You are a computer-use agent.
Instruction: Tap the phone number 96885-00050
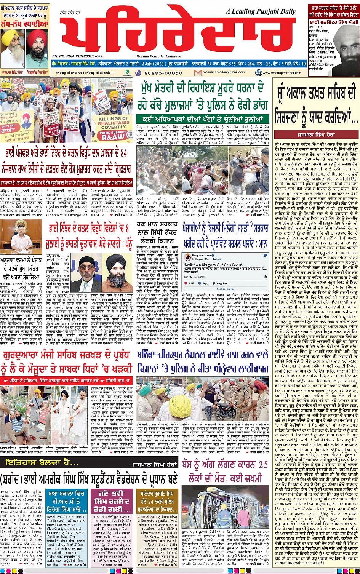[x=161, y=72]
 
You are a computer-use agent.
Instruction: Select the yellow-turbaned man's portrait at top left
[x=12, y=47]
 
